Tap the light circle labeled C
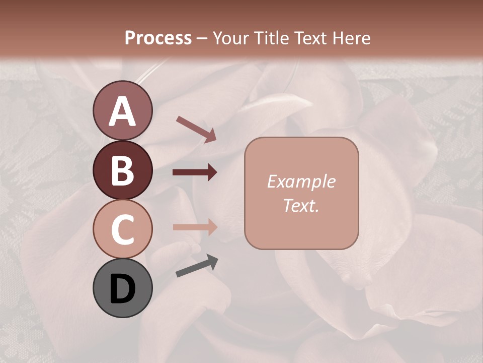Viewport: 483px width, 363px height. (x=122, y=229)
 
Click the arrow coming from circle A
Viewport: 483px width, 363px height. (x=196, y=129)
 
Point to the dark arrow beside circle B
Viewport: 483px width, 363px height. (x=195, y=172)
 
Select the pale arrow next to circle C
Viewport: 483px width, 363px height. (x=195, y=227)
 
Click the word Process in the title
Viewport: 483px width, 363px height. (x=158, y=38)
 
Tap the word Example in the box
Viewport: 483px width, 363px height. (x=301, y=181)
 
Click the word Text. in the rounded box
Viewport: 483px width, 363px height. (x=301, y=205)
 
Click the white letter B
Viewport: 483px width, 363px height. (x=122, y=170)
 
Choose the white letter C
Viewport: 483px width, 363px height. (x=122, y=229)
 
